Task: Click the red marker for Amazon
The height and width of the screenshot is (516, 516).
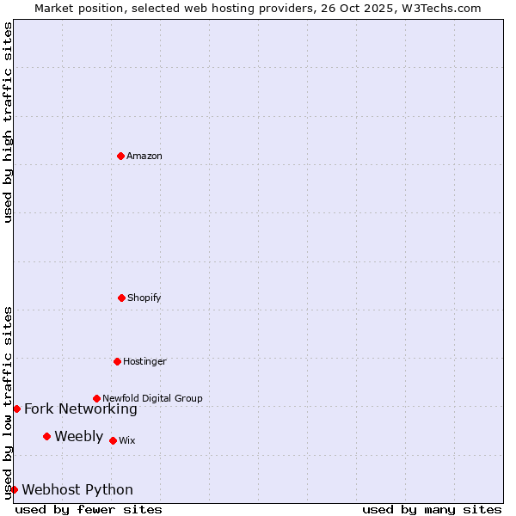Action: coord(120,156)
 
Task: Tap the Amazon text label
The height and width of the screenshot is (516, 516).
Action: coord(144,156)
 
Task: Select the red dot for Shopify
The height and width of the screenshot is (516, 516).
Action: coord(121,298)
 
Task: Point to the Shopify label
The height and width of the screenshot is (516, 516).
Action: coord(144,298)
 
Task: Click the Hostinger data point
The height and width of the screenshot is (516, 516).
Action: coord(117,361)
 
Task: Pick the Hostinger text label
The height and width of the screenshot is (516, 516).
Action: coord(144,361)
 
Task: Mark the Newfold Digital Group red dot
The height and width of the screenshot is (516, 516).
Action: coord(96,398)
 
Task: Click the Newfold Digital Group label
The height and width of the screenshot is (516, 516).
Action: coord(152,398)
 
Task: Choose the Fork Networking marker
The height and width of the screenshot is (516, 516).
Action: coord(16,408)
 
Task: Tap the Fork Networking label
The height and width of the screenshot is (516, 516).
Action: coord(81,409)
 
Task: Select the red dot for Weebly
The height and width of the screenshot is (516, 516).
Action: coord(46,436)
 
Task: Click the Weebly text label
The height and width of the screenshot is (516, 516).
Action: coord(78,437)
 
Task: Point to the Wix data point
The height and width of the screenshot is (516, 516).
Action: coord(113,440)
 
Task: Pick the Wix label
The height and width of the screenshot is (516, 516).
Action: coord(127,440)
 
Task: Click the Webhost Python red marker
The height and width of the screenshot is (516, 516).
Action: coord(14,489)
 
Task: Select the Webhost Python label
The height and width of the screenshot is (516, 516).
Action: coord(77,490)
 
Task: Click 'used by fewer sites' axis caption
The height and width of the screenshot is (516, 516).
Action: coord(89,509)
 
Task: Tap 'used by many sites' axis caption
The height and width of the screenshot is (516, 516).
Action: coord(432,509)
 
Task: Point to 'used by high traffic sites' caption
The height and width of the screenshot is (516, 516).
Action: coord(8,122)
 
